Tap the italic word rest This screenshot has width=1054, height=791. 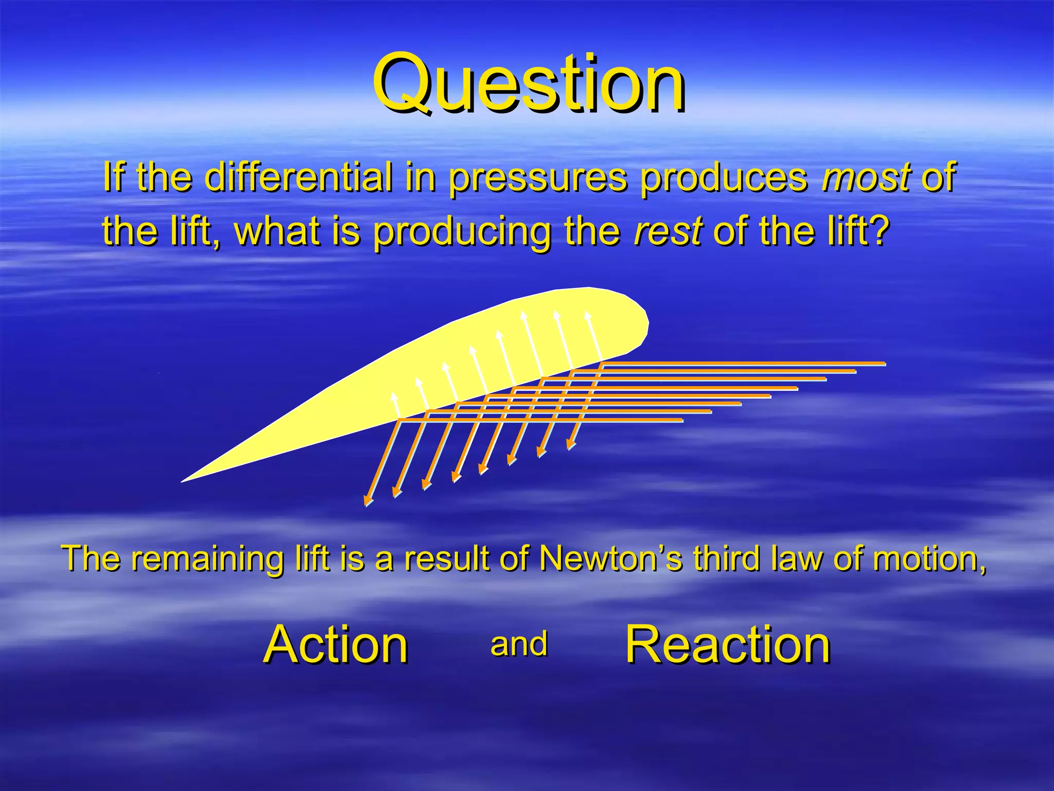click(668, 231)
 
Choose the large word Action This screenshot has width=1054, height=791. click(336, 644)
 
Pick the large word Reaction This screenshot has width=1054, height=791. click(728, 644)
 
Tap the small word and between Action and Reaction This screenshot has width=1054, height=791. click(519, 644)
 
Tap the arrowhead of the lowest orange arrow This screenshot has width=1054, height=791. click(367, 501)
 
